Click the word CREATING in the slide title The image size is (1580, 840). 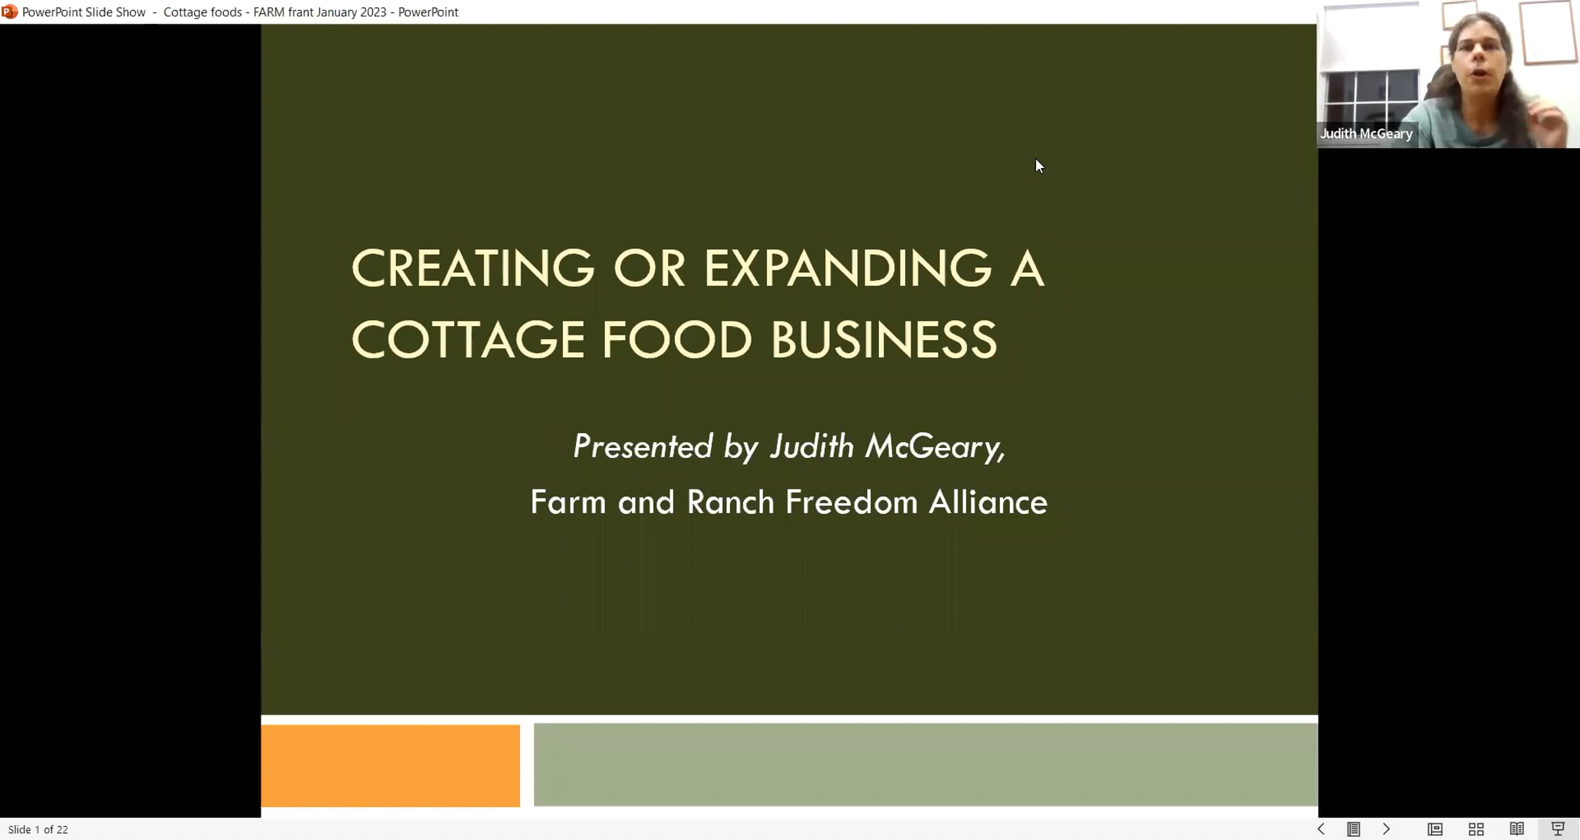point(473,268)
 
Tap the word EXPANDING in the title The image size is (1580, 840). point(848,268)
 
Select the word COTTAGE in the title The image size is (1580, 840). point(468,340)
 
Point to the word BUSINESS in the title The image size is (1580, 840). point(883,340)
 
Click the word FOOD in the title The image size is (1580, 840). point(677,340)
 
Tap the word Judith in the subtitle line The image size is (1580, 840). point(812,446)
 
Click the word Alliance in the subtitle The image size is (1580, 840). point(988,502)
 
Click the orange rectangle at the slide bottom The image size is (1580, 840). point(390,766)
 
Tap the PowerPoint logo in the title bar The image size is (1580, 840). point(9,12)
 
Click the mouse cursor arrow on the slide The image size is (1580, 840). point(1040,166)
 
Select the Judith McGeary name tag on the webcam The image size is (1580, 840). point(1366,134)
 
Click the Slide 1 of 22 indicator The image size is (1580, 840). point(38,829)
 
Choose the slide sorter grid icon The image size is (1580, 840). point(1476,829)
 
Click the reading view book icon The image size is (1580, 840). point(1517,829)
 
